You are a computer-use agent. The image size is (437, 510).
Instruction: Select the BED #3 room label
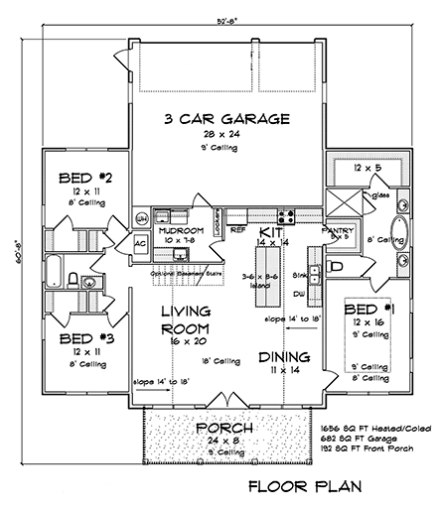[x=78, y=337]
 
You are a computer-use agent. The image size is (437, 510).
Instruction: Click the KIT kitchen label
[x=269, y=228]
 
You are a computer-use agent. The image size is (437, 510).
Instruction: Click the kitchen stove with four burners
[x=285, y=215]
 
